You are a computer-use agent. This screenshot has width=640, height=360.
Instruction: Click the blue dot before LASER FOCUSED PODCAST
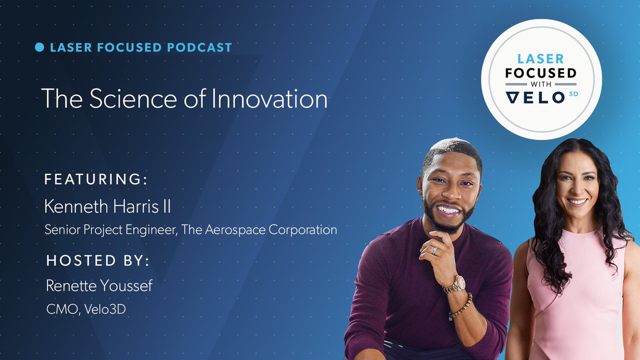39,47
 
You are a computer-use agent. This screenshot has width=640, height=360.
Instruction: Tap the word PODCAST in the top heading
199,47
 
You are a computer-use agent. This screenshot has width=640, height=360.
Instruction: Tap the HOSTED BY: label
98,261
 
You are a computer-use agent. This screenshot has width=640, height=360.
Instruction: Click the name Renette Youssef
99,286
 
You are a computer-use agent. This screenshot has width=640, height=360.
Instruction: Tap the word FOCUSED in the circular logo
540,73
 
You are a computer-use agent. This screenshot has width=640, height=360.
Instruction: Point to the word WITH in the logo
540,85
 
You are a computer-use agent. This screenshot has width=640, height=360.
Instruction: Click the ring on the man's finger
435,250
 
